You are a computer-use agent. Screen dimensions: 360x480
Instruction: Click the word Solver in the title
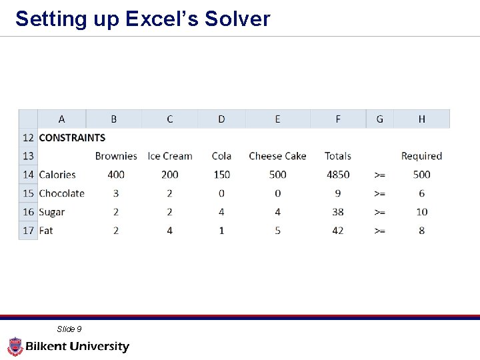pos(237,19)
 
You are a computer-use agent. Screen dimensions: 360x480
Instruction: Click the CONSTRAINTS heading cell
pos(72,138)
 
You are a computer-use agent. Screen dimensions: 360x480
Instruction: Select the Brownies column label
pos(116,156)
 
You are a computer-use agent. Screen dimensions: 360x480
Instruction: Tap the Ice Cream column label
pos(169,156)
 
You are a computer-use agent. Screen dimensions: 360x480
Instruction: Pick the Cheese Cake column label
pos(277,156)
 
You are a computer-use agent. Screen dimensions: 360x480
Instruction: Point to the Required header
pos(421,156)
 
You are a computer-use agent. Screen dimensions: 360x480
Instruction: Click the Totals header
pos(338,156)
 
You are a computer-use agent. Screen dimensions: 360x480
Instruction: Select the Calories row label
pos(57,175)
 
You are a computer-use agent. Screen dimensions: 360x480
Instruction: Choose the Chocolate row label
pos(61,193)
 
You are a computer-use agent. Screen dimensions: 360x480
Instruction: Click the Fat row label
pos(46,231)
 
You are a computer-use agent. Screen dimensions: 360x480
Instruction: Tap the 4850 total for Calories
pos(338,175)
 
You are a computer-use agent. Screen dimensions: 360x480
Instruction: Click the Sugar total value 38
pos(338,212)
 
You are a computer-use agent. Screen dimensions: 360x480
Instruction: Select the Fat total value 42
pos(338,231)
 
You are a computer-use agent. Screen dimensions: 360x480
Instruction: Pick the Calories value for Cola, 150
pos(221,175)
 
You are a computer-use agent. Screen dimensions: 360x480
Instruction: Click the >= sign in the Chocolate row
pos(379,193)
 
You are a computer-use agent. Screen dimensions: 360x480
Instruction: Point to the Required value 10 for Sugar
pos(421,212)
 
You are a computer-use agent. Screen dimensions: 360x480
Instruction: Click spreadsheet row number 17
pos(28,231)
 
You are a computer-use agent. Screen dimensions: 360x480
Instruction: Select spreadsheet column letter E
pos(277,119)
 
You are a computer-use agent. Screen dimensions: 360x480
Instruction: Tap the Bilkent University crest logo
pos(15,346)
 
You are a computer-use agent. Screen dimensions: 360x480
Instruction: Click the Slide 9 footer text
pos(69,329)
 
